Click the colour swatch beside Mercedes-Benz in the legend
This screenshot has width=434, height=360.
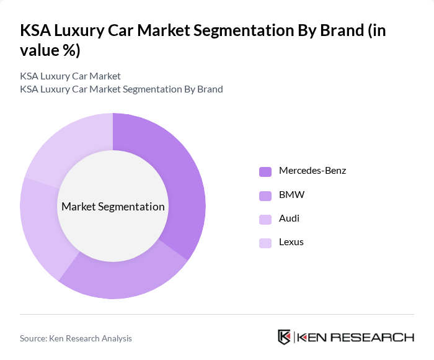(265, 171)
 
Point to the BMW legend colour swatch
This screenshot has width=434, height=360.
(265, 196)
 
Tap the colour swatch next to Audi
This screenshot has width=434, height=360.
(265, 219)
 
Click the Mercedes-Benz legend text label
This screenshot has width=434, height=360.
(312, 171)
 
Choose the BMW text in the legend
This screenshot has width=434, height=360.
(291, 195)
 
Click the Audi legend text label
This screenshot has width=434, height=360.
(289, 218)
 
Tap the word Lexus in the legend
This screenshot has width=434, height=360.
(291, 242)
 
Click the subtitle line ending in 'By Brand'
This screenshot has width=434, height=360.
(122, 89)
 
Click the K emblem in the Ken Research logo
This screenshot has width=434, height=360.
(285, 337)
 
